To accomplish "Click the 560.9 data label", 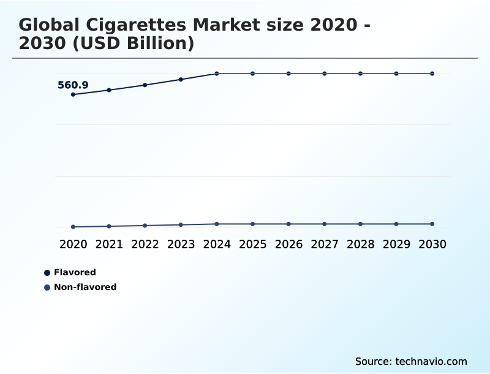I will tap(73, 85).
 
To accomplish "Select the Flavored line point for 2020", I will tap(73, 94).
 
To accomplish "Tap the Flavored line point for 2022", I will tap(145, 85).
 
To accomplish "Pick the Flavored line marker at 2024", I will tap(217, 74).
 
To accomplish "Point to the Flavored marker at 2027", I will tap(325, 74).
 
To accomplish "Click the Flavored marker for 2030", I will tap(432, 74).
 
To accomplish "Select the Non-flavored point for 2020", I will tap(73, 227).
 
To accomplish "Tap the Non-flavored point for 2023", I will tap(181, 224).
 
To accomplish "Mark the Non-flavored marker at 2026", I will tap(288, 224).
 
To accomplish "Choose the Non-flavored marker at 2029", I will tap(396, 224).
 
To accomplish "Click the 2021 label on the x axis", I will tap(109, 244).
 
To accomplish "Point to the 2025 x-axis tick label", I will tap(252, 244).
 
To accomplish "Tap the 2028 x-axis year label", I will tap(360, 244).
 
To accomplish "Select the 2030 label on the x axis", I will tap(432, 244).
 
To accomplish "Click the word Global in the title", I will tap(48, 25).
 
